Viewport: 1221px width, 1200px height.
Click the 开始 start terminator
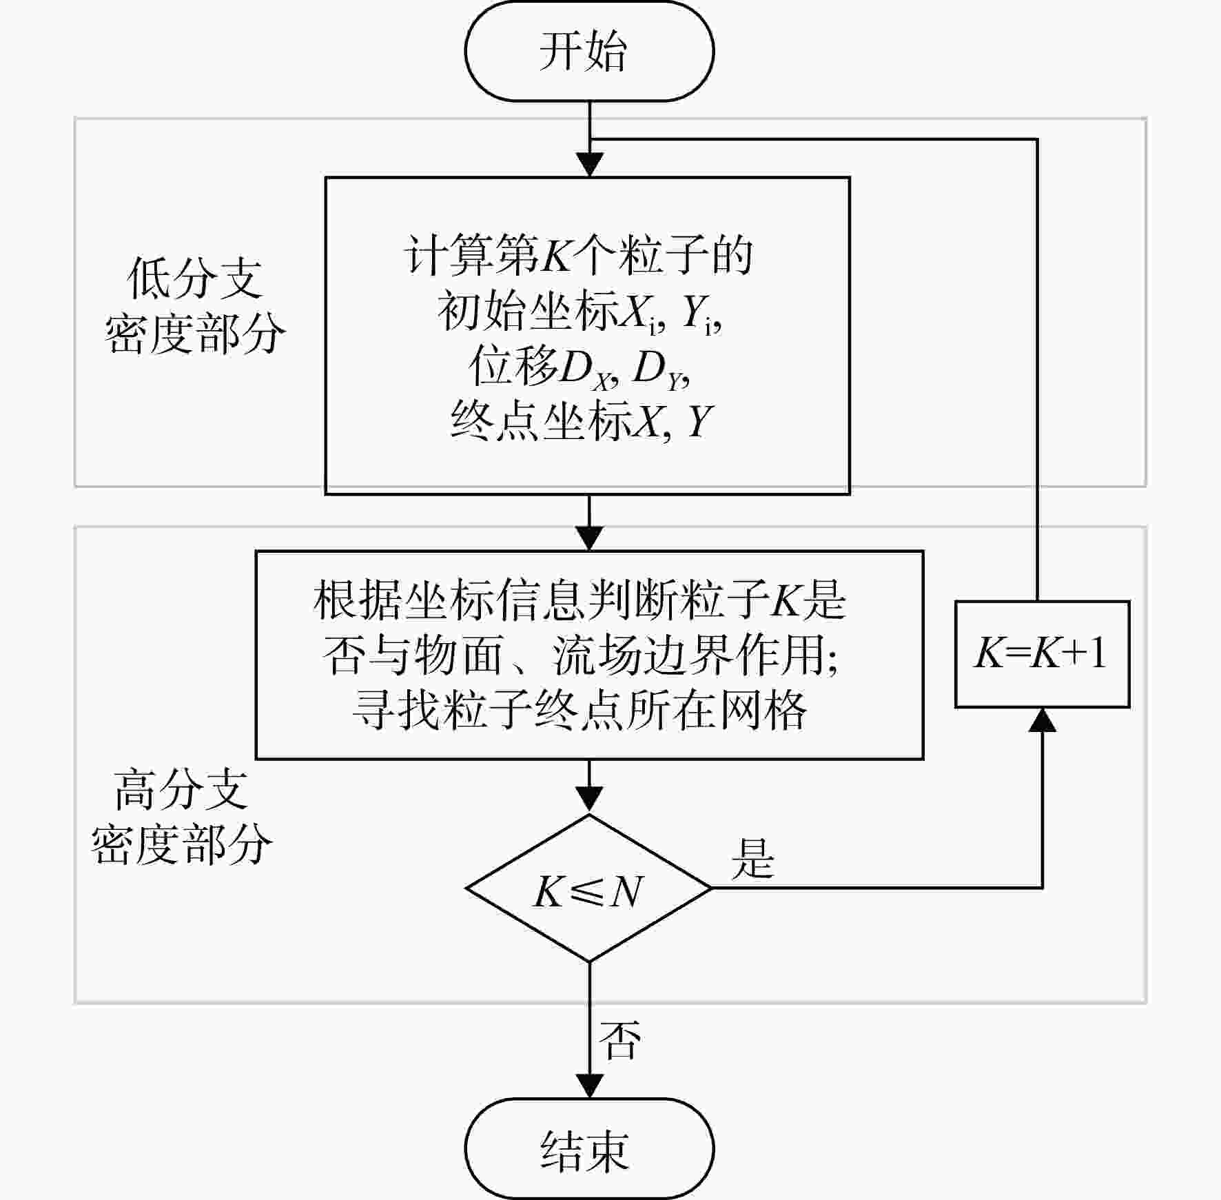[589, 51]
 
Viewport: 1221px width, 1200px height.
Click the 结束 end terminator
[589, 1149]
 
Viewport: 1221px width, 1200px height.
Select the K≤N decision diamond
[589, 888]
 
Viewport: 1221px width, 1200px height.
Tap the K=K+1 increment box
[1042, 654]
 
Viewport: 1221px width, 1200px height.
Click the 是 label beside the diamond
[753, 859]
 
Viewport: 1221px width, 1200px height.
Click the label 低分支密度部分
[195, 307]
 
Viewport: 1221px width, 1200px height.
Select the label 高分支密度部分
[182, 817]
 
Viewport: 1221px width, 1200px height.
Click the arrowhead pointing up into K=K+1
[1043, 720]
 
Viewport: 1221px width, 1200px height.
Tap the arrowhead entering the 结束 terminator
[590, 1086]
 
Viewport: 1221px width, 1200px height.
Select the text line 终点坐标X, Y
[581, 420]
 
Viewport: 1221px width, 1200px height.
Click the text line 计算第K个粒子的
[578, 256]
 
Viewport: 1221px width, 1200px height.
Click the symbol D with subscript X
[586, 371]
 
